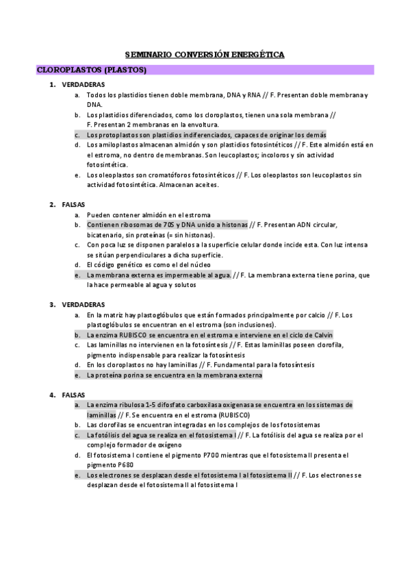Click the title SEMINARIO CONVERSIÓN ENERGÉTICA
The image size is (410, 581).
tap(205, 54)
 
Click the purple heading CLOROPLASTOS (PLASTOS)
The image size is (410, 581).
tap(91, 70)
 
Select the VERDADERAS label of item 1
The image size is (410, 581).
tap(81, 85)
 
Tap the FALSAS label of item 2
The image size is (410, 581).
tap(73, 205)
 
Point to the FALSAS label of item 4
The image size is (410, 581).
tap(73, 395)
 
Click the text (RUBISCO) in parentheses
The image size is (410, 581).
tap(235, 415)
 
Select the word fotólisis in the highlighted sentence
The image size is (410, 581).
tap(108, 435)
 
